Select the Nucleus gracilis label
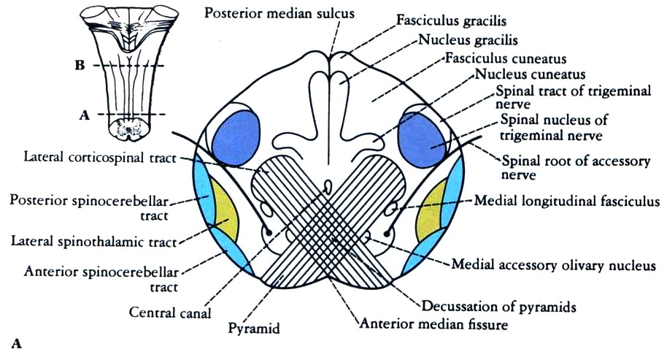(460, 41)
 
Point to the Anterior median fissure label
(431, 322)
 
